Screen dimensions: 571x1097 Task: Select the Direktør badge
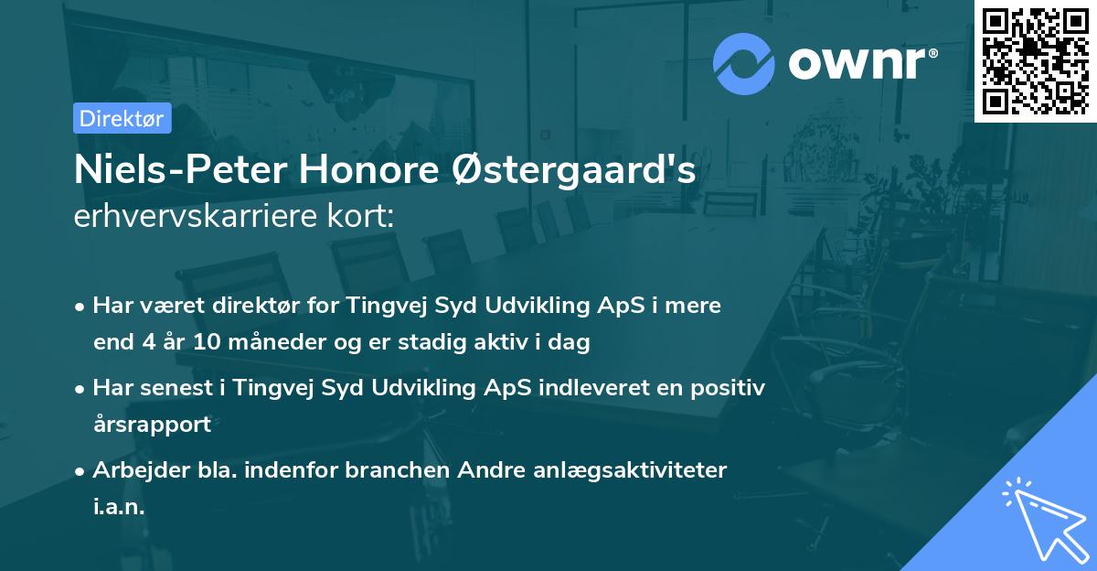tap(121, 118)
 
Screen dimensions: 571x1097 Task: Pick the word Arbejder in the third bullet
tap(133, 469)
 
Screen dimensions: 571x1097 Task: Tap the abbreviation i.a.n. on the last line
tap(119, 507)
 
